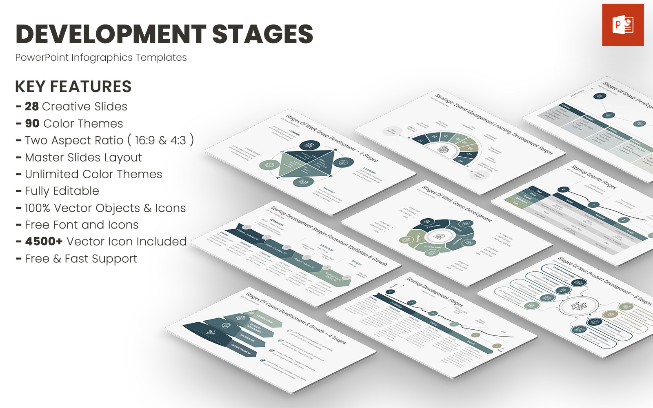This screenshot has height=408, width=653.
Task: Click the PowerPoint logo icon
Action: coord(623,25)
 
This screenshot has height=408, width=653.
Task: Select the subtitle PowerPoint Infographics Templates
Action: coord(101,58)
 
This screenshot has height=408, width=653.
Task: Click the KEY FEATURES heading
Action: coord(73,86)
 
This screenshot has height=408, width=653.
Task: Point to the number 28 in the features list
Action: coord(32,106)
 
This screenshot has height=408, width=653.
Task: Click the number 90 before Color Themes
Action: coord(32,124)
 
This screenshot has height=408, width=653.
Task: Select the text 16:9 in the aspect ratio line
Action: coord(145,140)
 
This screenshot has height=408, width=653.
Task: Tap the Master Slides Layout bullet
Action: coord(83,157)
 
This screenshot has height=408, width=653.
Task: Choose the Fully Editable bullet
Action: coord(62,191)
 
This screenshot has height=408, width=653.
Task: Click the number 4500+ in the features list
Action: coord(44,242)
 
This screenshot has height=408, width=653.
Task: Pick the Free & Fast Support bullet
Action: coord(81,259)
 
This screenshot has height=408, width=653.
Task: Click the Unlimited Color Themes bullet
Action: coord(93,174)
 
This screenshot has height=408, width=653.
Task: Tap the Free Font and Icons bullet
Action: coord(82,225)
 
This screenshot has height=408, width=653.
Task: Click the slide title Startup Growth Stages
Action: coord(593,176)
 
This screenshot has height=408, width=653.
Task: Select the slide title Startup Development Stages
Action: coord(435,292)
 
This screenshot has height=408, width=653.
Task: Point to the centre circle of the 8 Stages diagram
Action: coord(579,306)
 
